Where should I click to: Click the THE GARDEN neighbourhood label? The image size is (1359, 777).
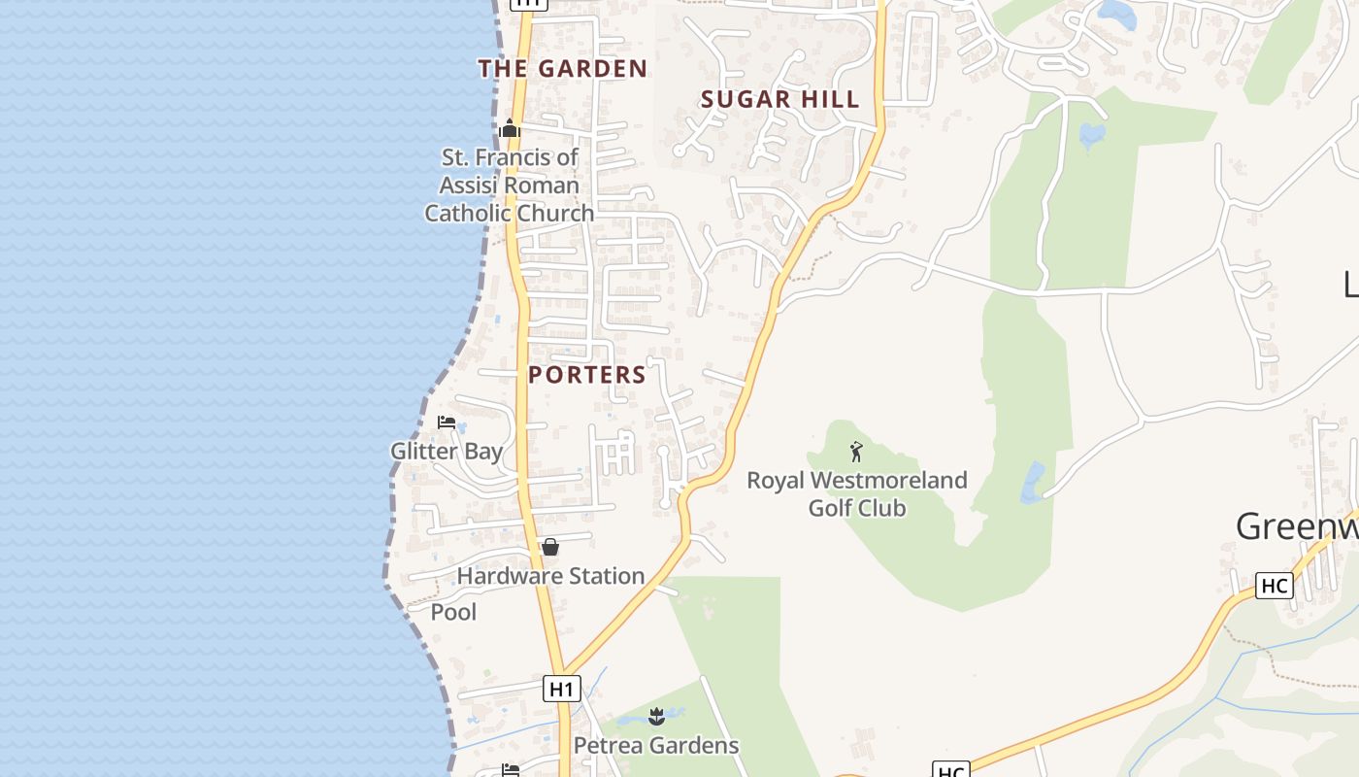(x=562, y=68)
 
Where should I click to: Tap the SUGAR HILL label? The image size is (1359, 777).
(x=779, y=99)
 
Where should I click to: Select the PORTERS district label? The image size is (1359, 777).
(x=587, y=375)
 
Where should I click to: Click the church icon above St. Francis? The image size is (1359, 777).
(x=510, y=128)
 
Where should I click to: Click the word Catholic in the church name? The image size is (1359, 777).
(x=470, y=213)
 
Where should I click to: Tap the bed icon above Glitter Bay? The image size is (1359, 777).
(x=447, y=422)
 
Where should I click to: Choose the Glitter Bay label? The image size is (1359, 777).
(x=447, y=451)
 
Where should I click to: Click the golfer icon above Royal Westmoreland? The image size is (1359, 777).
(x=856, y=452)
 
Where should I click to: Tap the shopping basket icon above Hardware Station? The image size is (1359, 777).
(x=550, y=548)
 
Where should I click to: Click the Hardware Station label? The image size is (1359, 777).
(x=550, y=576)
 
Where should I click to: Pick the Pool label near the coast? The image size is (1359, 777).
(x=453, y=612)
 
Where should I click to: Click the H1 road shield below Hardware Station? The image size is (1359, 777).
(x=561, y=689)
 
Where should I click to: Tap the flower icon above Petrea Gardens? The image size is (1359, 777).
(x=656, y=718)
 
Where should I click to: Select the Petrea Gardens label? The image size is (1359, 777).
(x=656, y=746)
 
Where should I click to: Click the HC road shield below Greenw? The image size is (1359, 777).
(x=1274, y=586)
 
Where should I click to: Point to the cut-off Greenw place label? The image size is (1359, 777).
(x=1297, y=526)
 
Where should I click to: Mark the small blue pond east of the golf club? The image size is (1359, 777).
(x=1032, y=483)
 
